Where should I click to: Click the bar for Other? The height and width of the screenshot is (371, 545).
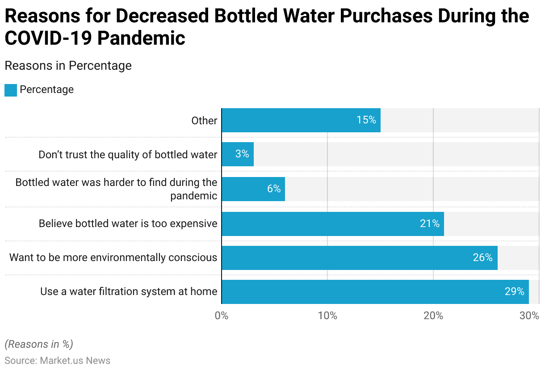click(301, 120)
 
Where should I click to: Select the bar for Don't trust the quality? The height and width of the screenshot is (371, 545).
click(238, 154)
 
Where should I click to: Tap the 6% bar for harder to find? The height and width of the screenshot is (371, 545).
click(253, 189)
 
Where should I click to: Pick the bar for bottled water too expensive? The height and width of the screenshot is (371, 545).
click(333, 223)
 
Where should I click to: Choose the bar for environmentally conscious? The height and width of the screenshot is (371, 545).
click(360, 257)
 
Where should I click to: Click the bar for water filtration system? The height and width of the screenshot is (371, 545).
click(375, 291)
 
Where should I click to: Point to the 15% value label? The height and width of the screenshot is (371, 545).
click(366, 120)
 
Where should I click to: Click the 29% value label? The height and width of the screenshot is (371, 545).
click(515, 291)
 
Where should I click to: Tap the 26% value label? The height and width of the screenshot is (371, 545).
click(483, 257)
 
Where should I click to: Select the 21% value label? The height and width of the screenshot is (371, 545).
click(430, 223)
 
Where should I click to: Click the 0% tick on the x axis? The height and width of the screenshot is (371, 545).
click(222, 316)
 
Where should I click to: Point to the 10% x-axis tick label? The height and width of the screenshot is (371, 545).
click(327, 316)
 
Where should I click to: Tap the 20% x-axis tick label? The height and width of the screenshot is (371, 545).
click(433, 316)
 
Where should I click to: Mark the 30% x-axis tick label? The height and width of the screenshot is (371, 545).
click(530, 316)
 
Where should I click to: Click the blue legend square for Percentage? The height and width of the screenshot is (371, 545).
click(11, 90)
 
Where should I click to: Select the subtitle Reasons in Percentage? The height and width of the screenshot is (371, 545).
click(68, 66)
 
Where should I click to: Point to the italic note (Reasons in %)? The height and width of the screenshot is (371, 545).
click(39, 344)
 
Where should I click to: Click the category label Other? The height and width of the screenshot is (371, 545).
click(204, 121)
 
